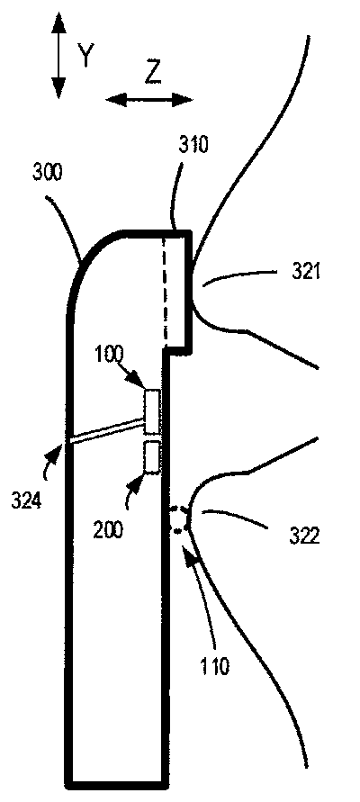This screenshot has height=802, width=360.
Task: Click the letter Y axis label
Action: [85, 55]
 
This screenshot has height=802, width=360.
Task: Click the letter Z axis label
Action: [152, 74]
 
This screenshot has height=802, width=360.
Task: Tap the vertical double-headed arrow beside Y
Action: [58, 55]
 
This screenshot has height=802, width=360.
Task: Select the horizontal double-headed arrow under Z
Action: [149, 99]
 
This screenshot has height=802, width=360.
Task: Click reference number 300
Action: [48, 173]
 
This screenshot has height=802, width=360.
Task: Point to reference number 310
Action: [193, 145]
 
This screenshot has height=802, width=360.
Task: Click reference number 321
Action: [306, 271]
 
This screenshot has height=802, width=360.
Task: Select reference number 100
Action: [110, 355]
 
